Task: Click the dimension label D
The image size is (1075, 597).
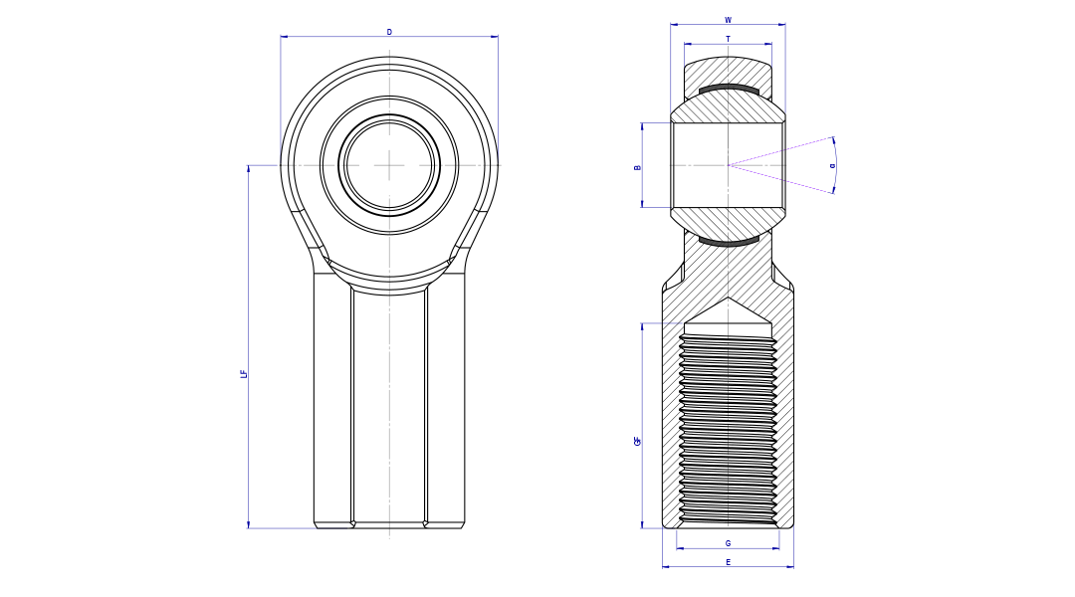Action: pyautogui.click(x=389, y=32)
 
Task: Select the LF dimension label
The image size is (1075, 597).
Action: pyautogui.click(x=244, y=374)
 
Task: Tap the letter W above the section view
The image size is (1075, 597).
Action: pyautogui.click(x=728, y=20)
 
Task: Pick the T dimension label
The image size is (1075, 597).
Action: pyautogui.click(x=728, y=39)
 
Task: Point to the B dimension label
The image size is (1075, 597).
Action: pyautogui.click(x=637, y=167)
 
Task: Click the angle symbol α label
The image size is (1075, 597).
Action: pyautogui.click(x=832, y=165)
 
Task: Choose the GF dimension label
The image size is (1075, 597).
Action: pyautogui.click(x=637, y=440)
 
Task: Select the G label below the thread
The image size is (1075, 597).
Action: pyautogui.click(x=728, y=543)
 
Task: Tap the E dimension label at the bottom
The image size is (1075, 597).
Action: pyautogui.click(x=728, y=562)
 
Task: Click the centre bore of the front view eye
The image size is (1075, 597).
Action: pyautogui.click(x=389, y=165)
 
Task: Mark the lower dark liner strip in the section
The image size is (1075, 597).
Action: pyautogui.click(x=728, y=241)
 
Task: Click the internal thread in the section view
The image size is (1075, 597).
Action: pyautogui.click(x=728, y=428)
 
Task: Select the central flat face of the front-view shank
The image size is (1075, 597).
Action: pyautogui.click(x=389, y=408)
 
